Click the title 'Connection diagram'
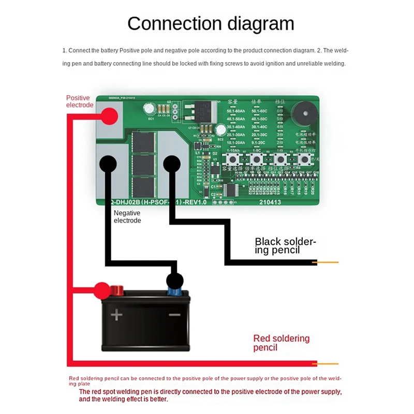click(211, 24)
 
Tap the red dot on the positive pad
click(109, 117)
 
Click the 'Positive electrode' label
click(79, 101)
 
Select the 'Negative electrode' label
click(127, 216)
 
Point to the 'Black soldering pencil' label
click(285, 246)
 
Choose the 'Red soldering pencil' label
click(281, 343)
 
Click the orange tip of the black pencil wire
click(328, 262)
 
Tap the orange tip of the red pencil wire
click(328, 364)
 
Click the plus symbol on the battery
click(117, 314)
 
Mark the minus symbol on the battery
click(174, 315)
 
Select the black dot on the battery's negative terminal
click(174, 282)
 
